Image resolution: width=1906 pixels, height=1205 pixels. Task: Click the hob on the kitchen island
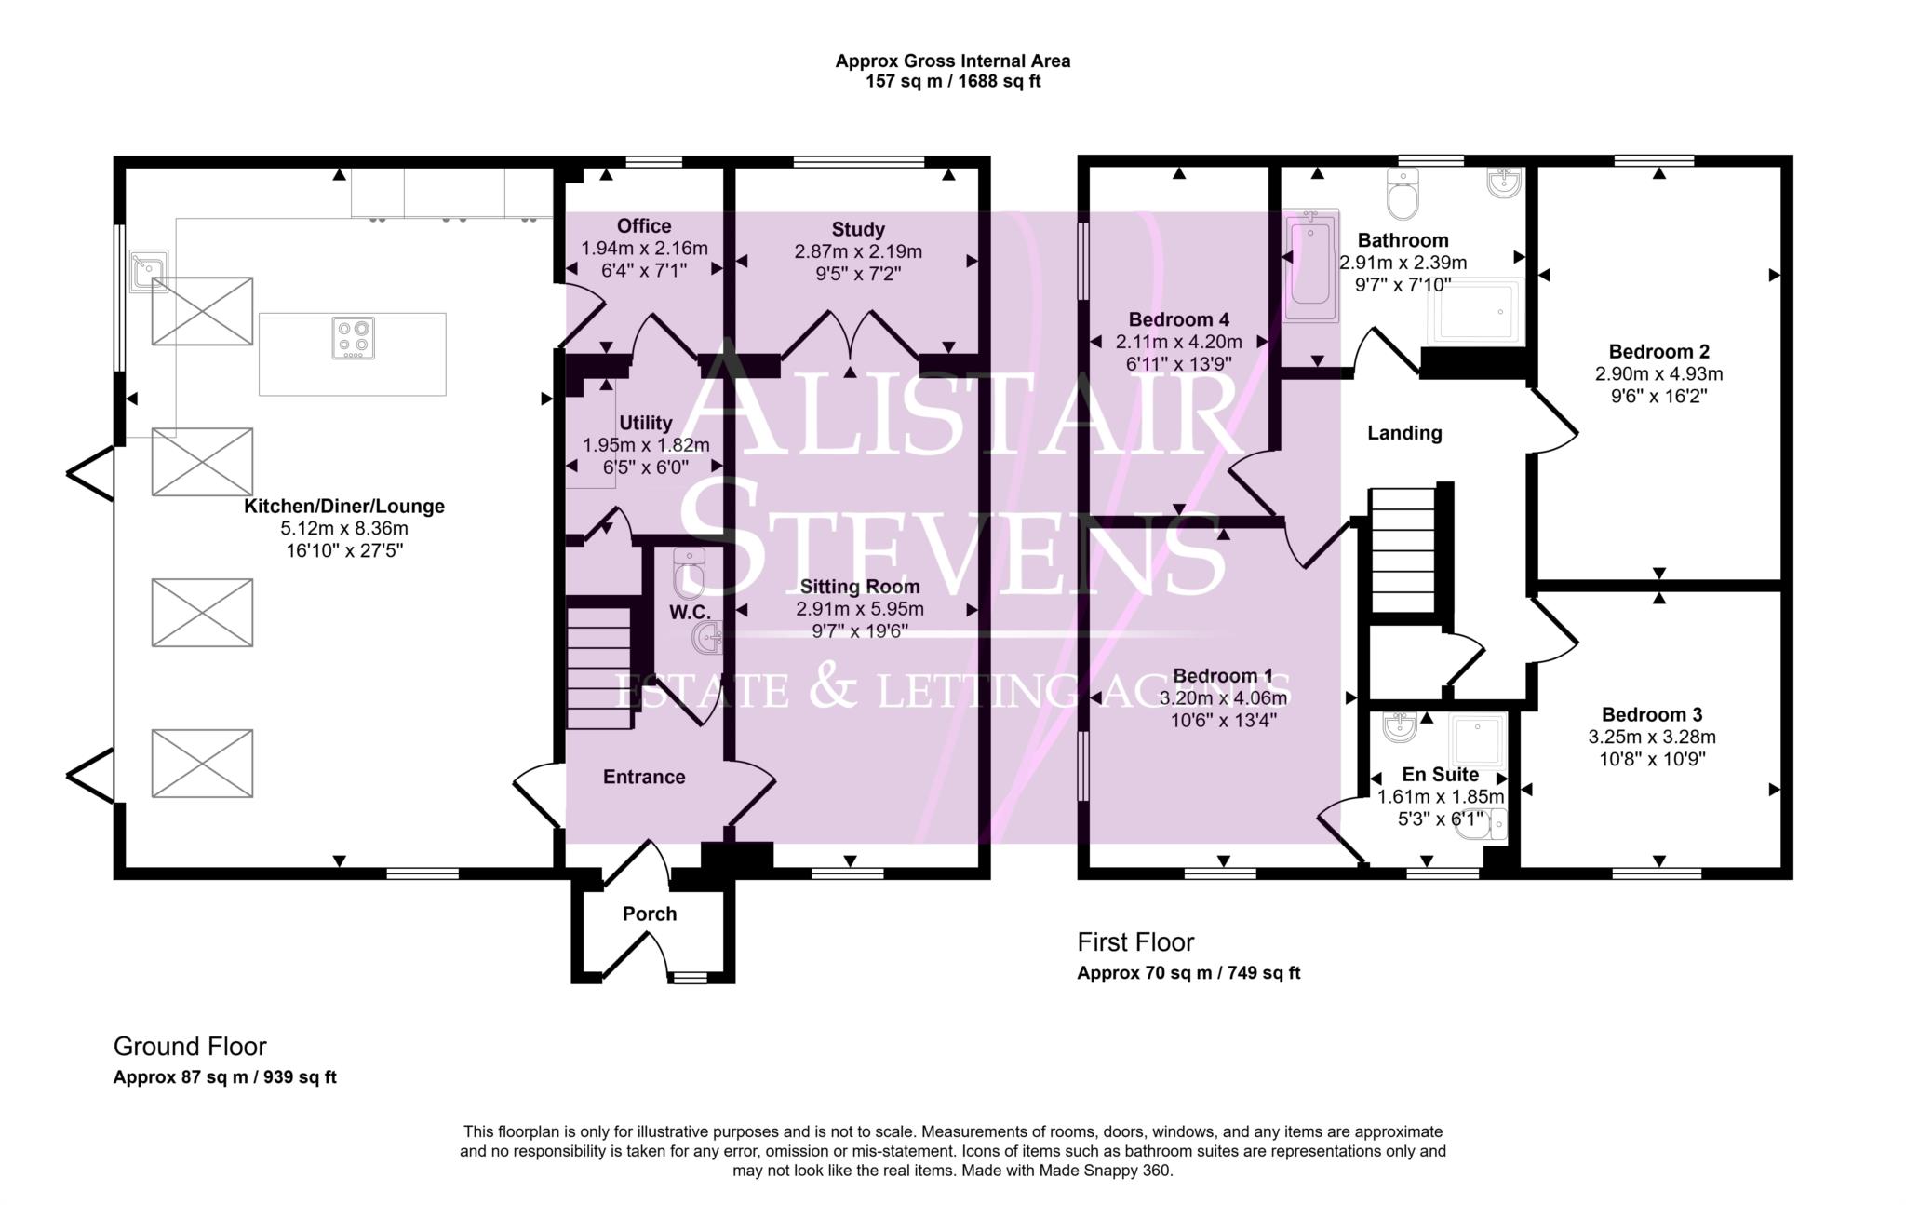click(x=354, y=339)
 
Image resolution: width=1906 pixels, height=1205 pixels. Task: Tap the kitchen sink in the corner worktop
click(x=148, y=270)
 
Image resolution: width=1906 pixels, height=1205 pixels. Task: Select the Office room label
click(x=644, y=226)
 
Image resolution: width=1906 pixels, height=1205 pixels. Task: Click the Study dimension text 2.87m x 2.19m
click(x=857, y=251)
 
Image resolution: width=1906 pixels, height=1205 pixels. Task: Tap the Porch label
click(x=650, y=914)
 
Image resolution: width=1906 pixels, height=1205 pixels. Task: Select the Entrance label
click(x=644, y=777)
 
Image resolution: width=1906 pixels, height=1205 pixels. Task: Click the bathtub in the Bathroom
click(x=1310, y=265)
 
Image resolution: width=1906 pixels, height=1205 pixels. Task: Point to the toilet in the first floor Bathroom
click(x=1402, y=193)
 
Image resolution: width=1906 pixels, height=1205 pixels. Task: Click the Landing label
click(x=1404, y=433)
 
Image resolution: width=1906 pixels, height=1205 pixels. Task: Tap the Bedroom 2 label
click(x=1658, y=352)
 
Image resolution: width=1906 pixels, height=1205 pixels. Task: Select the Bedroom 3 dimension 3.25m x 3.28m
click(x=1652, y=738)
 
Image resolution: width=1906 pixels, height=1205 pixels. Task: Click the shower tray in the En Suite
click(x=1478, y=741)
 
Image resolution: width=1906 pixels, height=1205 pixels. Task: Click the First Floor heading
click(x=1135, y=942)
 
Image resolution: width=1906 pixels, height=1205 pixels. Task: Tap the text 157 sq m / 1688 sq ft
click(x=952, y=82)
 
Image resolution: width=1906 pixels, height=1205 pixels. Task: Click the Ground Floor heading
click(x=190, y=1047)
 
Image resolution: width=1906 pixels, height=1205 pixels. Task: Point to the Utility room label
click(x=645, y=423)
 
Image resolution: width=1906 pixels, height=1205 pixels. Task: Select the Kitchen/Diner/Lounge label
click(x=344, y=507)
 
